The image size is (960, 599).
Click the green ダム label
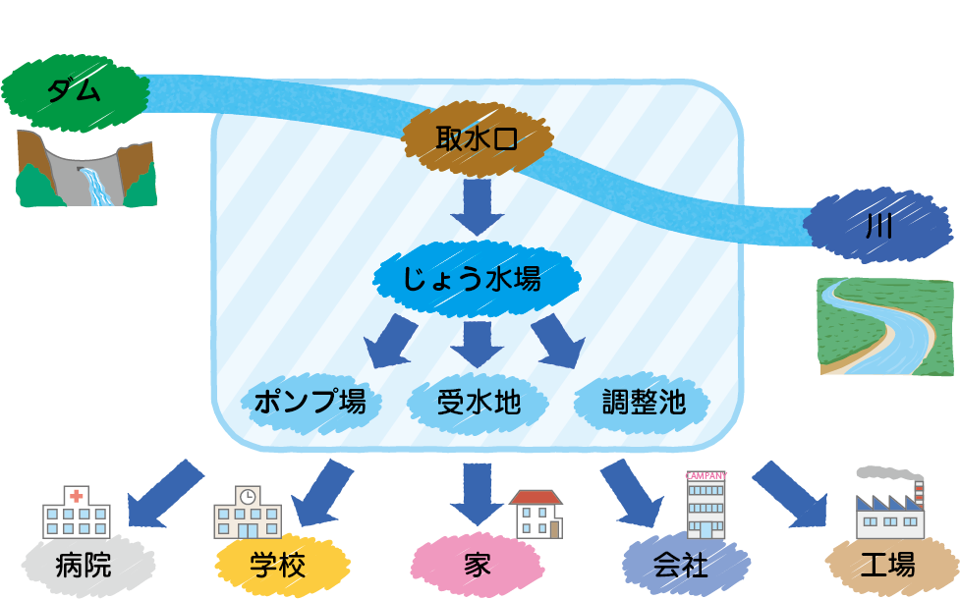pyautogui.click(x=74, y=90)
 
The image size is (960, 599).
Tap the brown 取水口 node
pyautogui.click(x=477, y=140)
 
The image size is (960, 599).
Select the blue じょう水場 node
pyautogui.click(x=473, y=278)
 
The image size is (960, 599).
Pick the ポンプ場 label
pyautogui.click(x=310, y=402)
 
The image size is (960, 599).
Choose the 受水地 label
pyautogui.click(x=479, y=402)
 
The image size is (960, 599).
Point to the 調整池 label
pyautogui.click(x=644, y=402)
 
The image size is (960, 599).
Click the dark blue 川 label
pyautogui.click(x=877, y=227)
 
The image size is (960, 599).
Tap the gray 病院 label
pyautogui.click(x=85, y=566)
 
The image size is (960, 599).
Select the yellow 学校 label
pyautogui.click(x=278, y=566)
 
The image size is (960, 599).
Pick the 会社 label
pyautogui.click(x=680, y=566)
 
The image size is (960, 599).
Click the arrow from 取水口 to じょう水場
pyautogui.click(x=478, y=207)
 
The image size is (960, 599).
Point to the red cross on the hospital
pyautogui.click(x=76, y=497)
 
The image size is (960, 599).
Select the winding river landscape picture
pyautogui.click(x=885, y=326)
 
